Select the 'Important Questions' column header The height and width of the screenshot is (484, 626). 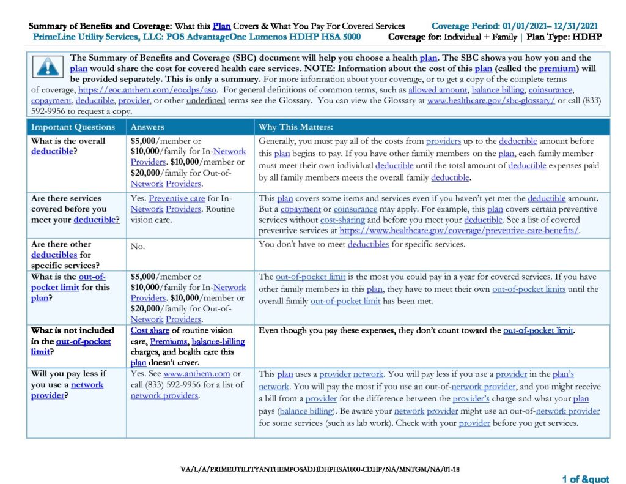[73, 127]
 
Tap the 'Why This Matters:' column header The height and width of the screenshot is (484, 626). [295, 127]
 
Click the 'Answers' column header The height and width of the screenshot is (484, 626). [147, 127]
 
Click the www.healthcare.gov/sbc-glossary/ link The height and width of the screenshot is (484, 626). [491, 100]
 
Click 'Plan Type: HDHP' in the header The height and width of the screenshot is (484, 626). [565, 37]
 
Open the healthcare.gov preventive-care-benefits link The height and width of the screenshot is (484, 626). [459, 231]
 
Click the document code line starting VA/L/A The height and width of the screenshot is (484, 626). [320, 469]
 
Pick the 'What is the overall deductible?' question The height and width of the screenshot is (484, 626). [68, 146]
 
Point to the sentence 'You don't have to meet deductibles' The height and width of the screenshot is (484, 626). [363, 245]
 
